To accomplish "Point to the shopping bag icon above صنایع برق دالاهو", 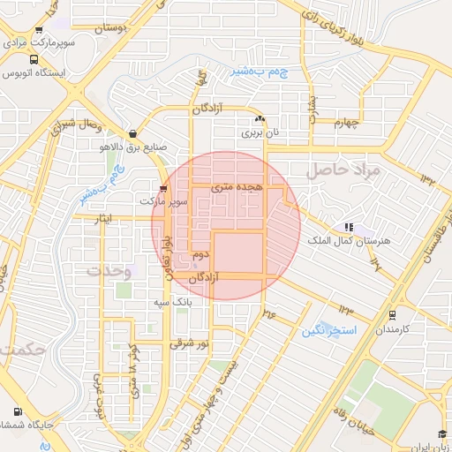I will (x=132, y=134).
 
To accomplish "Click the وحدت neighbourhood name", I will (x=109, y=271).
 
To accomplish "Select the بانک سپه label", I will (x=173, y=303).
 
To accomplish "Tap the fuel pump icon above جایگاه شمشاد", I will (x=17, y=411).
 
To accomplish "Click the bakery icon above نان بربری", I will (x=260, y=119).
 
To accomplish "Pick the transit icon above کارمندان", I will (x=391, y=313).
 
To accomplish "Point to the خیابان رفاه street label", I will (x=357, y=418).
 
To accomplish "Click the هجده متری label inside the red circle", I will (x=236, y=188).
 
